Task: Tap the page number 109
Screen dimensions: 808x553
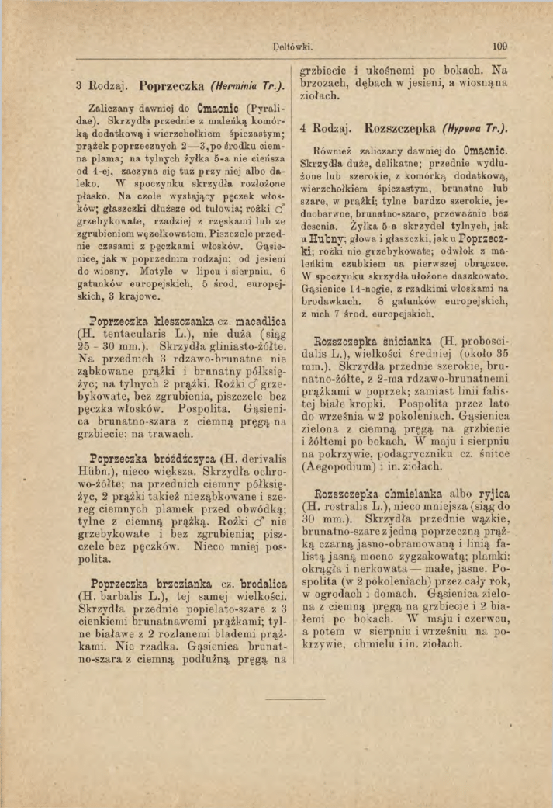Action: tap(499, 47)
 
